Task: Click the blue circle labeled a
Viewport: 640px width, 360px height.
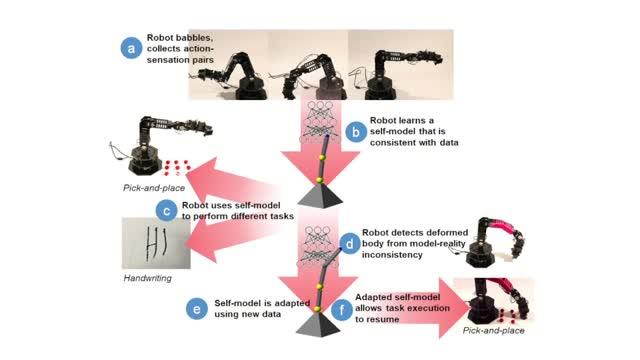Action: pyautogui.click(x=129, y=47)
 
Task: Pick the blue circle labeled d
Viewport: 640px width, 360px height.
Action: pyautogui.click(x=351, y=241)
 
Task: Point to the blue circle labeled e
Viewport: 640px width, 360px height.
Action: pyautogui.click(x=196, y=308)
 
